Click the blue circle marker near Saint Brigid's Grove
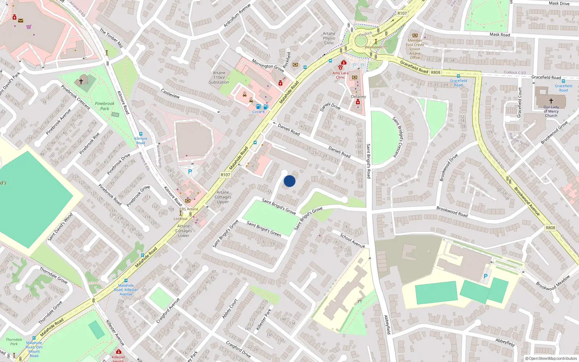point(289,181)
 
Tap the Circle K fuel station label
point(258,112)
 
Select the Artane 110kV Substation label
point(219,77)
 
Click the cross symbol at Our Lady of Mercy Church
point(551,101)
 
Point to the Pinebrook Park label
point(105,106)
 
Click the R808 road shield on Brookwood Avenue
point(550,228)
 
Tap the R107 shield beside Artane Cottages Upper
point(225,175)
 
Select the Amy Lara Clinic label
point(340,75)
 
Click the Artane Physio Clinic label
point(329,38)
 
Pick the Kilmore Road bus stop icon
point(141,134)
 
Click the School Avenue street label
point(352,241)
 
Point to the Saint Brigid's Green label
point(264,229)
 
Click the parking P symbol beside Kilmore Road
point(190,172)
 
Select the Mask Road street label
point(500,35)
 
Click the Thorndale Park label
point(14,342)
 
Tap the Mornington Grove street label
point(268,66)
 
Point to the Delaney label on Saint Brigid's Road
point(358,97)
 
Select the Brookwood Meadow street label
point(553,283)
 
